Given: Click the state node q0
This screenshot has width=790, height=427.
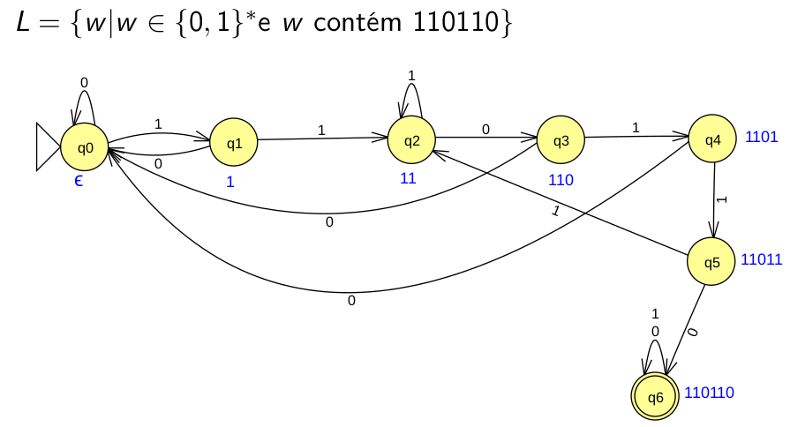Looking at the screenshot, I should click(86, 146).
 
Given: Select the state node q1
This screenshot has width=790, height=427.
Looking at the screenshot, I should click(234, 142).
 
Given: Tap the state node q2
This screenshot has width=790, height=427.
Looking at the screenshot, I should click(412, 139).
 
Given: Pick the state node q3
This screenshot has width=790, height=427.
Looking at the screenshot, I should click(561, 139).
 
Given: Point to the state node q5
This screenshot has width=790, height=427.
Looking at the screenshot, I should click(711, 262).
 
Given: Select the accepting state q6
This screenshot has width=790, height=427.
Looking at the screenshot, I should click(656, 397).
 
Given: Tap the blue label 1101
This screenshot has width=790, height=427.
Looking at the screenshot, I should click(761, 137).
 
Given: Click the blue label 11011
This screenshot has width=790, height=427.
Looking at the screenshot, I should click(762, 261).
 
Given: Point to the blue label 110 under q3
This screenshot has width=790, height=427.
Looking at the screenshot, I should click(561, 180).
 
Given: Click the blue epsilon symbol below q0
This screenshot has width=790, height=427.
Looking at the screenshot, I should click(79, 181).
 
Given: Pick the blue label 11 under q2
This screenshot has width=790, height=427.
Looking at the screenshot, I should click(408, 178).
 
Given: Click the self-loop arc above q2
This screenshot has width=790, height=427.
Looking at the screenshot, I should click(411, 88).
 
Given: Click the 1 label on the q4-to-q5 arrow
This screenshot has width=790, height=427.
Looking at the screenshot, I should click(721, 199).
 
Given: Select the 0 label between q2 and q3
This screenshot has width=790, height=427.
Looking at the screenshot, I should click(485, 129).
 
